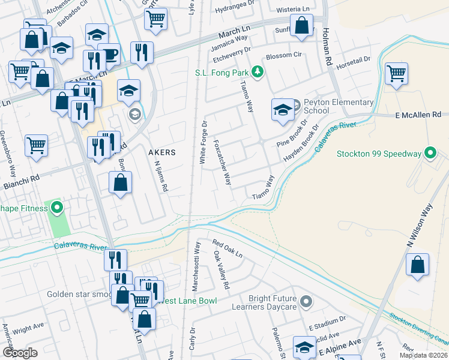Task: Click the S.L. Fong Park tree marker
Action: (x=258, y=72)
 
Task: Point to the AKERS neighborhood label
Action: (x=162, y=152)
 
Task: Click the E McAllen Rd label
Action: (x=418, y=115)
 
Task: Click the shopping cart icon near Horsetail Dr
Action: (x=396, y=75)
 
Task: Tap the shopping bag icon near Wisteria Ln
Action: (x=302, y=26)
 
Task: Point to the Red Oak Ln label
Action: (x=227, y=249)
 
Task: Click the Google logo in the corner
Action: (x=20, y=352)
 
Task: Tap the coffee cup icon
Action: (x=109, y=55)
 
